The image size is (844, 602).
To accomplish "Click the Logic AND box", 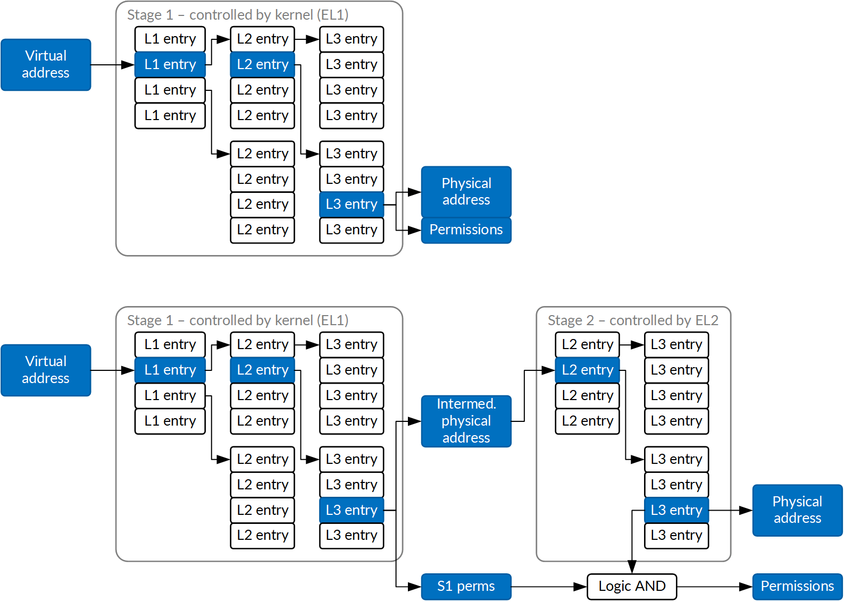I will pos(632,587).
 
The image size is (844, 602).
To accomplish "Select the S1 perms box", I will pos(466,587).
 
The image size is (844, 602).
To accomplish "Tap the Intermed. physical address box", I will pos(466,421).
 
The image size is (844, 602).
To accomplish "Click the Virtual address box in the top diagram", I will pos(46,64).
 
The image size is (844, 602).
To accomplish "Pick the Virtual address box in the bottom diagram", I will pos(46,370).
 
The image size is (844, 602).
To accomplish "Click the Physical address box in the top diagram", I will pos(466,191).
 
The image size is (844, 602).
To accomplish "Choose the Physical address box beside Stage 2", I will pos(797,510).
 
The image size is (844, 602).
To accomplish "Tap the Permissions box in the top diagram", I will pos(466,230).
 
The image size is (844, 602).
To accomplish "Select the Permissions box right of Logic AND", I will pos(797,587).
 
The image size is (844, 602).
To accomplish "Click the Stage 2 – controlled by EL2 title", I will pos(633,320).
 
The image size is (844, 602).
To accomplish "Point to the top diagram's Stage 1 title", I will pos(238,15).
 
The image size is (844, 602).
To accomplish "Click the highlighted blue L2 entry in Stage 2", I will pos(587,370).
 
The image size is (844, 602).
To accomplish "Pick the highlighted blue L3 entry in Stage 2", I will pos(676,510).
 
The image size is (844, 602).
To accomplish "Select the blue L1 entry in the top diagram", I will pos(170,64).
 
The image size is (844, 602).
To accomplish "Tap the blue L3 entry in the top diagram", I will pos(351,204).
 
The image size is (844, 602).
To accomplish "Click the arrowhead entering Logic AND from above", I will pos(632,567).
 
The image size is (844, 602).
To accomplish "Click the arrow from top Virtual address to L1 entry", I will pos(112,65).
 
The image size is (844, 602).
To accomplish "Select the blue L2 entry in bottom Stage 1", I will pos(262,370).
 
